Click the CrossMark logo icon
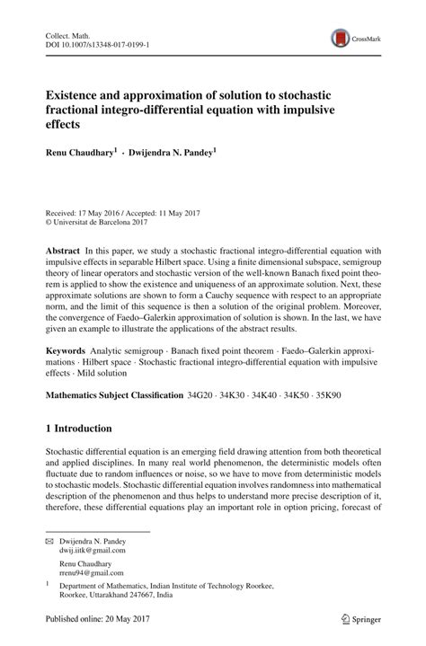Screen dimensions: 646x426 point(342,38)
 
